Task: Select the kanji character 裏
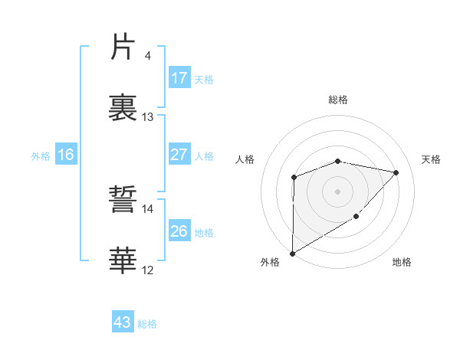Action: tap(123, 105)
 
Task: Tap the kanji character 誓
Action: tap(123, 203)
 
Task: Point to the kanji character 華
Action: tap(123, 260)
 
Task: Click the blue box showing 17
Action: tap(179, 78)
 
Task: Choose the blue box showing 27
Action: tap(179, 155)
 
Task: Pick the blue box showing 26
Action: tap(179, 231)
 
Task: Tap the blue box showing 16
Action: tap(66, 155)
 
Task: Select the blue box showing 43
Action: tap(123, 322)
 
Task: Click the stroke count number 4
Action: tap(147, 56)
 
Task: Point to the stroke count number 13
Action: tap(148, 117)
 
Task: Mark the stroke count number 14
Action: tap(148, 208)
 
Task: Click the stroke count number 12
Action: tap(148, 270)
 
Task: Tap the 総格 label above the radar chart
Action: tap(338, 100)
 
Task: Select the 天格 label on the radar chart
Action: tap(432, 159)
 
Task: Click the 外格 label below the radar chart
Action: tap(270, 262)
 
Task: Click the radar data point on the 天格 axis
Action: tap(396, 172)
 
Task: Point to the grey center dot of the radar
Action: tap(338, 191)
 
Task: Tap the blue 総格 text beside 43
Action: tap(147, 324)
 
